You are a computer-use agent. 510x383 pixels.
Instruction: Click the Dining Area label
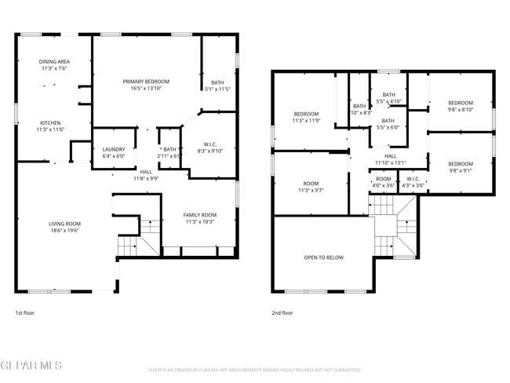coord(54,61)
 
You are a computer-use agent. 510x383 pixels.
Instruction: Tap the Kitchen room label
coord(51,123)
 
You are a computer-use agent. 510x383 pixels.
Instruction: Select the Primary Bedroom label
coord(146,82)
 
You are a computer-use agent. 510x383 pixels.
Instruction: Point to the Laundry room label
coord(114,149)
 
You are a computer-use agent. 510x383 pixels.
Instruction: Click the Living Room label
coord(64,224)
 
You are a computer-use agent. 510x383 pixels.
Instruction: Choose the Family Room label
coord(199,215)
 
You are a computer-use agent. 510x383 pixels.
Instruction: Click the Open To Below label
coord(323,257)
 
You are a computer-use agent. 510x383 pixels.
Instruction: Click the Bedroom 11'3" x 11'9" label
coord(306,114)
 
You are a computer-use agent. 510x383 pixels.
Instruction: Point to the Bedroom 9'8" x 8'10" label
coord(460,103)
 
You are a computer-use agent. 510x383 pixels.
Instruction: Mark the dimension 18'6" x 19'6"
coord(64,231)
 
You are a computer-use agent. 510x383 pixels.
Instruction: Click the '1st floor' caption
coord(24,312)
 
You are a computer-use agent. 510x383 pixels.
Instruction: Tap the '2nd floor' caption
coord(282,312)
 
